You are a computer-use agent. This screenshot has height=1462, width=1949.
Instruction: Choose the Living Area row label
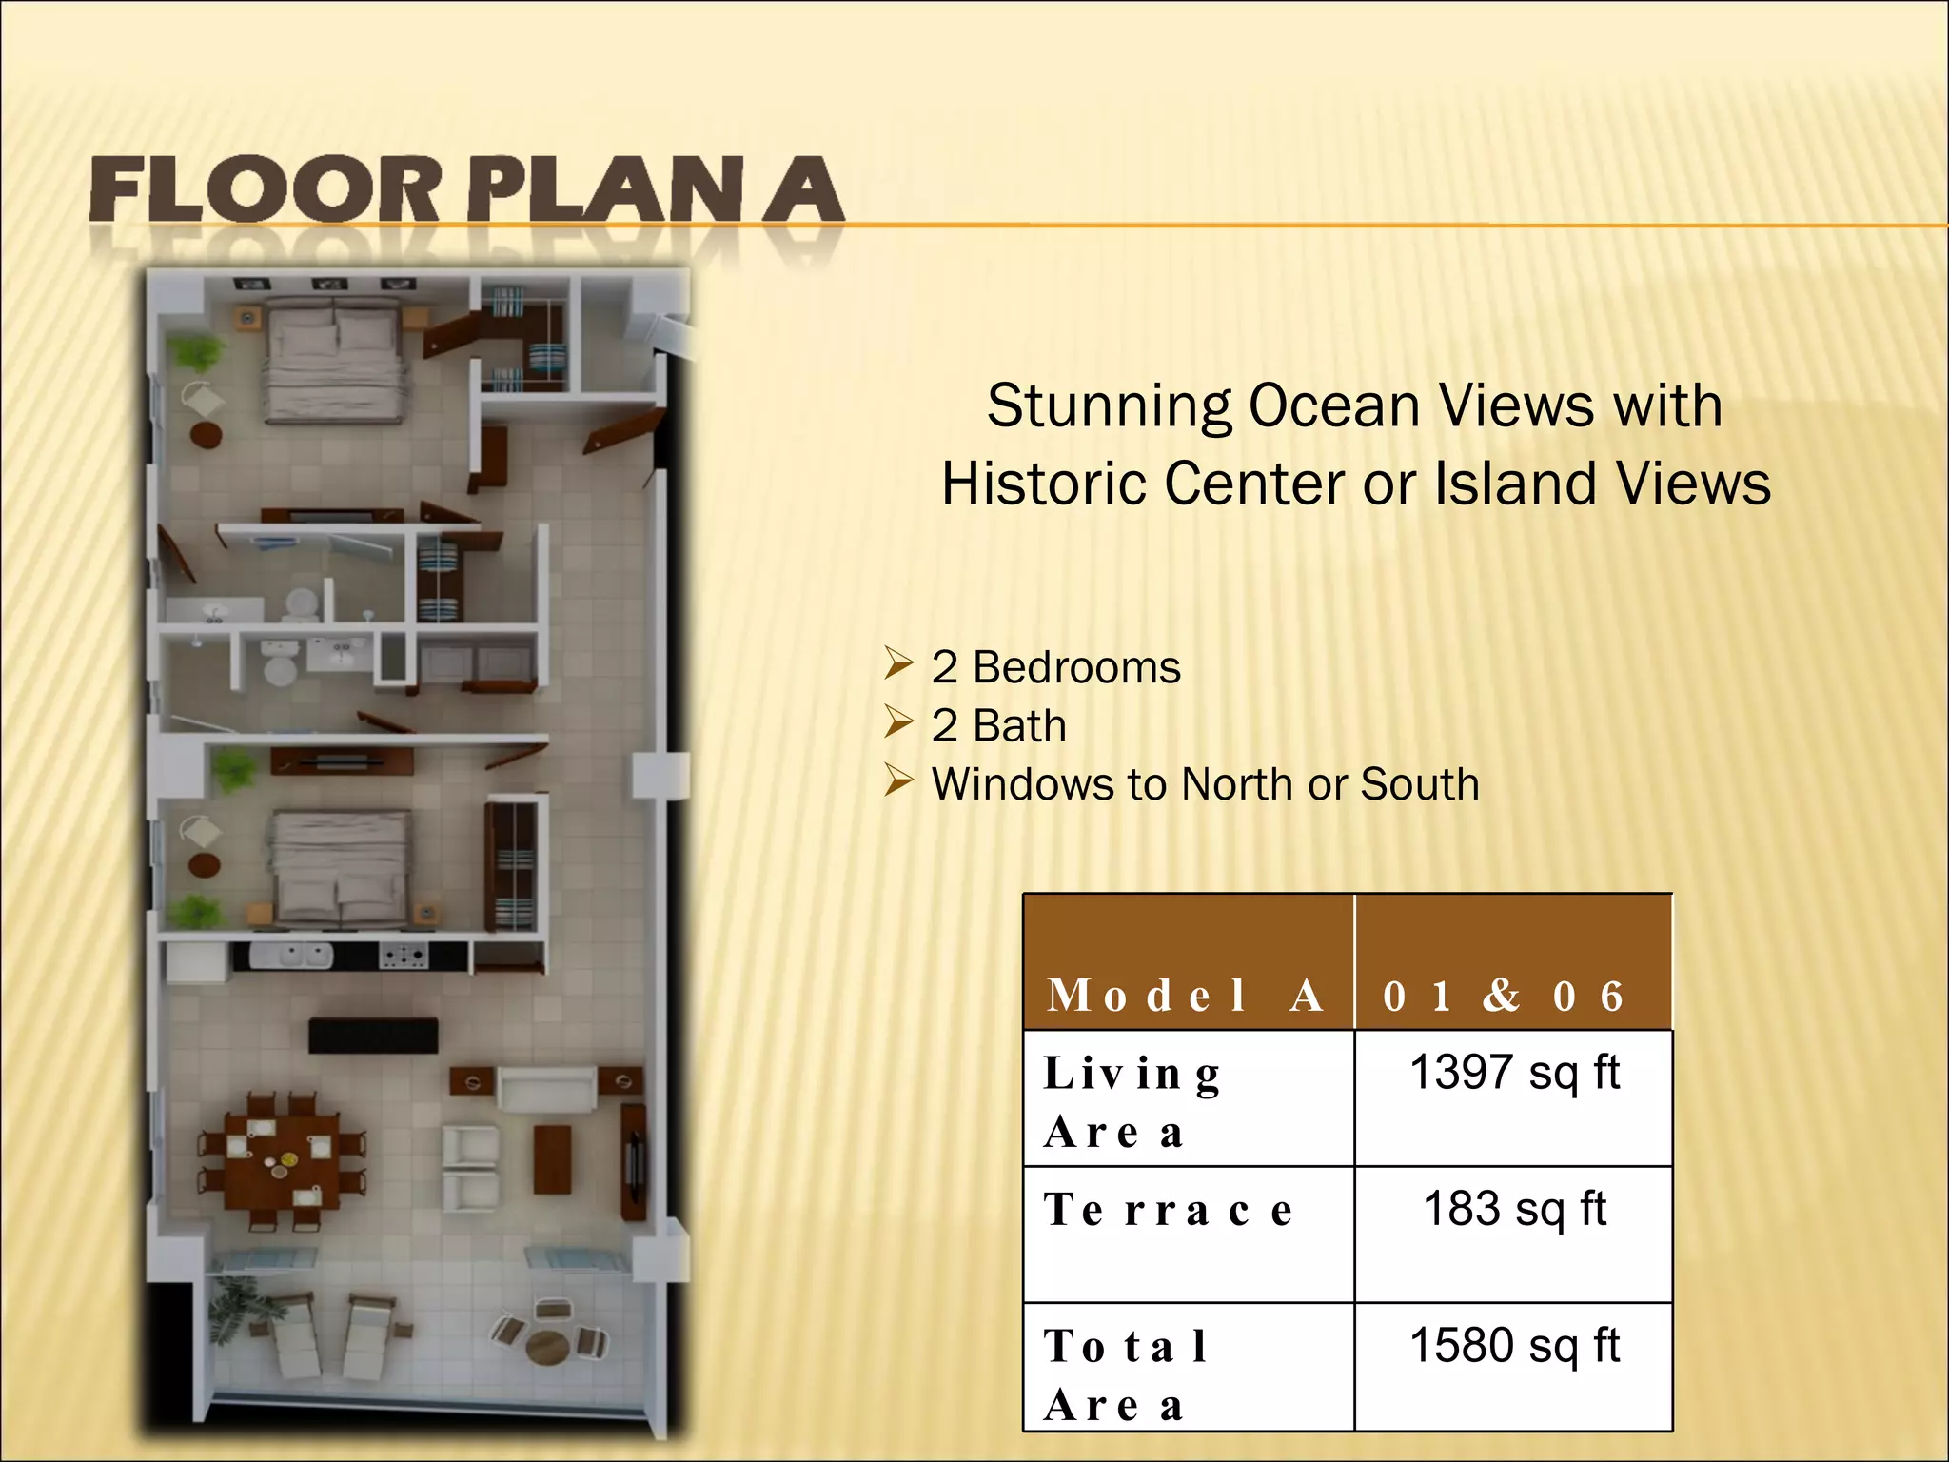[x=1132, y=1102]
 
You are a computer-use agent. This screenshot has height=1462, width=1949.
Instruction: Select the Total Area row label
[x=1127, y=1374]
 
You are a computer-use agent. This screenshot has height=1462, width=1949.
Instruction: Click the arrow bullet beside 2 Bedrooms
[x=897, y=663]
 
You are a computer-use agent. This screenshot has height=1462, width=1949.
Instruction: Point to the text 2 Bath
[x=998, y=726]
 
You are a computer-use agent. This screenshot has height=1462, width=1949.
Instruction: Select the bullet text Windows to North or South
[x=1205, y=784]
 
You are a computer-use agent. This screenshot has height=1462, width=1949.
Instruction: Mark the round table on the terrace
[x=547, y=1345]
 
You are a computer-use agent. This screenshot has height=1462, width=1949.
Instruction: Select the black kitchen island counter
[x=373, y=1035]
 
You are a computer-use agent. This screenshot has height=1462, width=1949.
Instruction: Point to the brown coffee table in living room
[x=552, y=1158]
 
